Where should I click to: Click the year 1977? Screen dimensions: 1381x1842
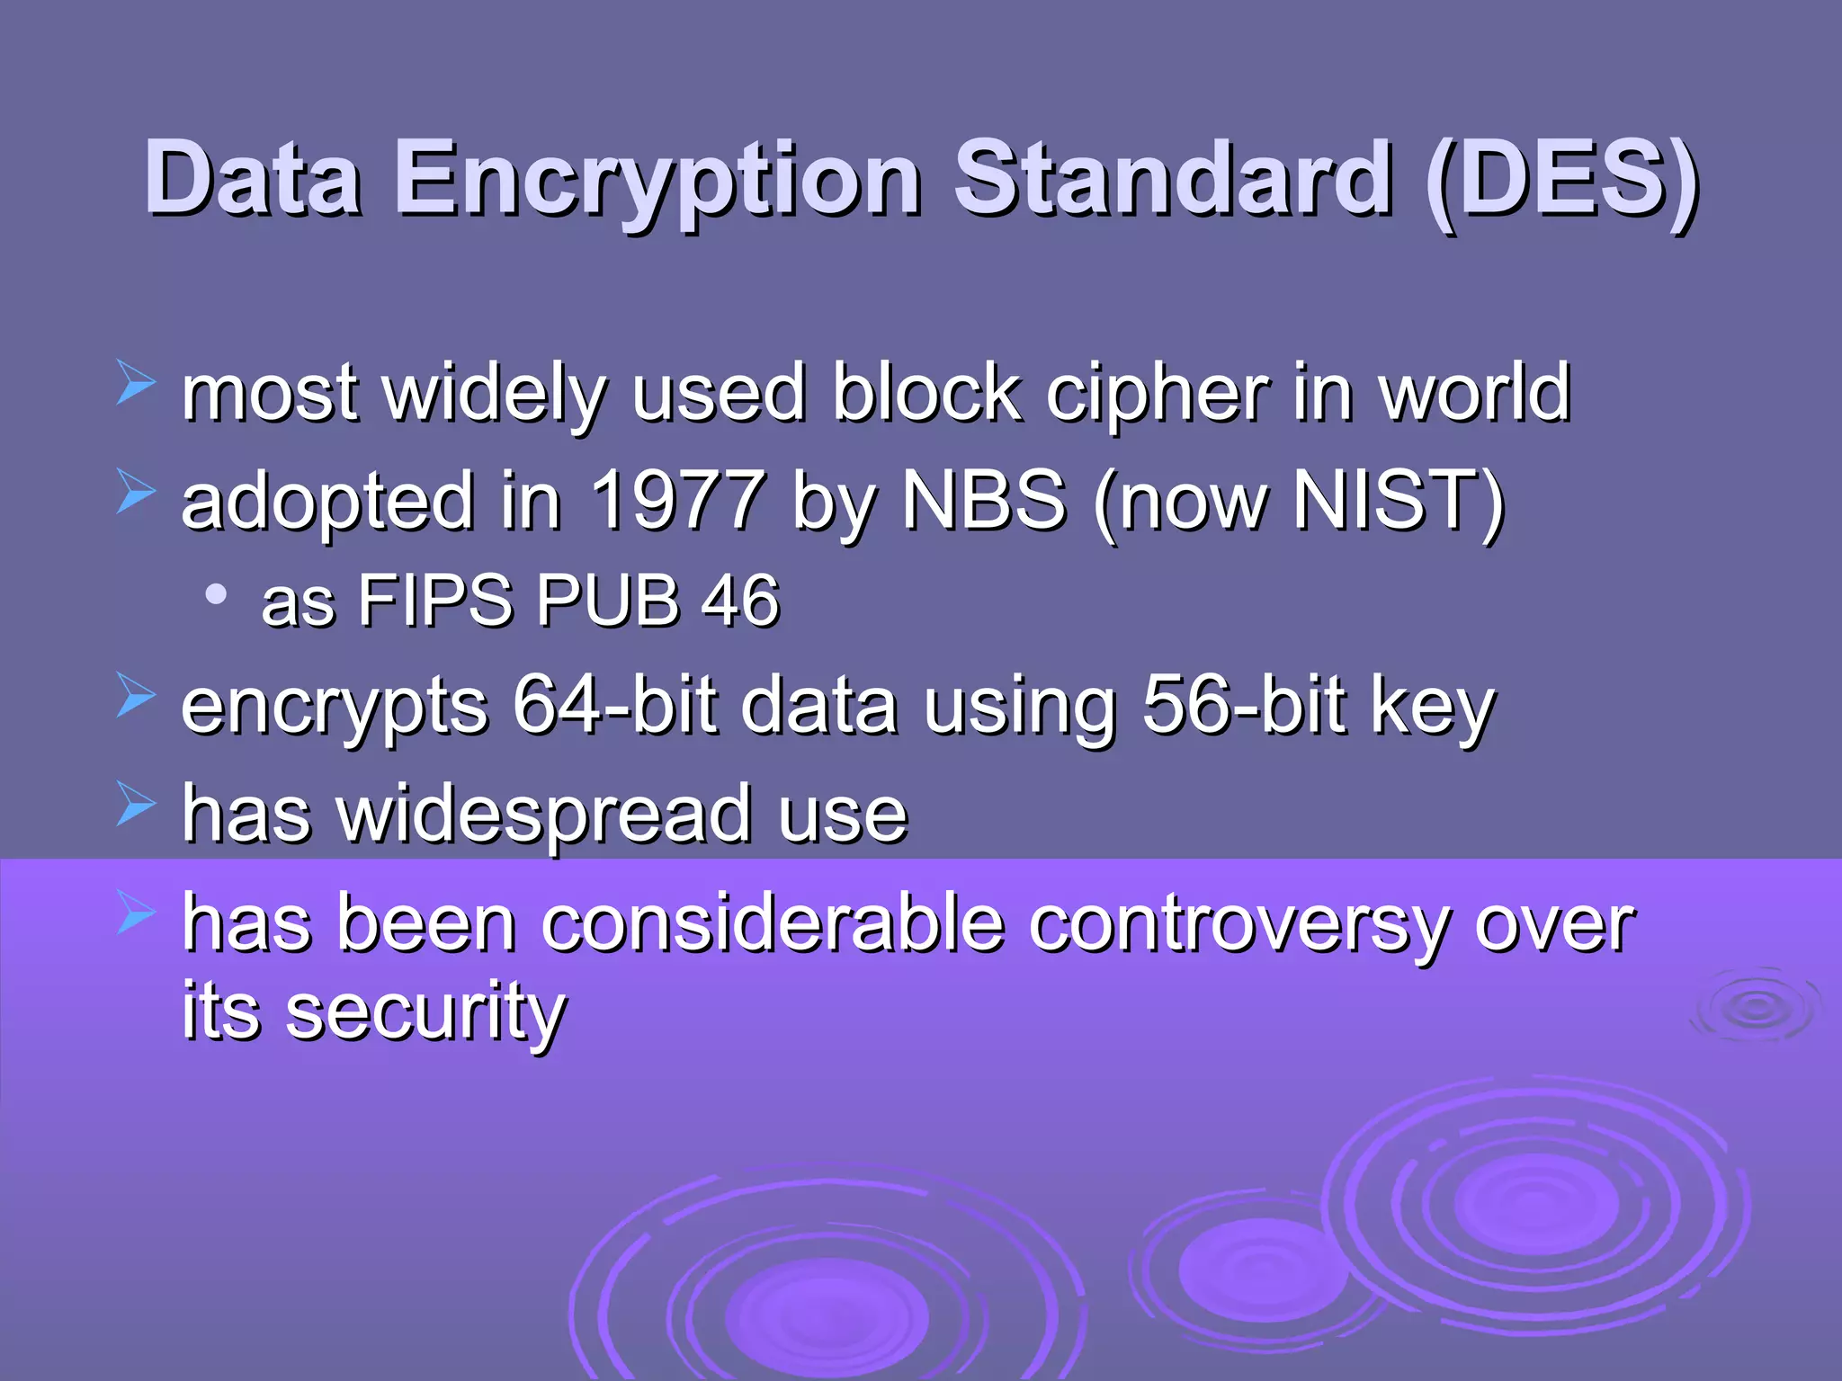[x=678, y=500]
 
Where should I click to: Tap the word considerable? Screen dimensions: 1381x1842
[x=773, y=924]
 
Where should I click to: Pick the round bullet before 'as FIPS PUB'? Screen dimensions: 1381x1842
[x=216, y=594]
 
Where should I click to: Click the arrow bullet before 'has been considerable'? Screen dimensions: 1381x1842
[x=136, y=913]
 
